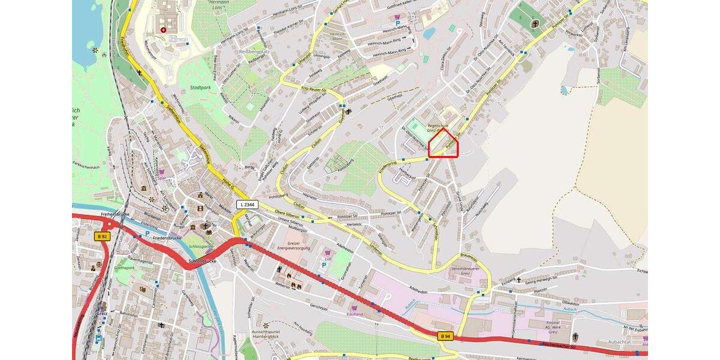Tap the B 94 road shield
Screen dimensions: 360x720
click(x=444, y=336)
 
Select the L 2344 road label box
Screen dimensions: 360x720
click(x=247, y=205)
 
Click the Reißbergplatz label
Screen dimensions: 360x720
click(x=253, y=52)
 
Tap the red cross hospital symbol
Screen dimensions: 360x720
click(x=163, y=29)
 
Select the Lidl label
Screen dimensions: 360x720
click(x=328, y=259)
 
